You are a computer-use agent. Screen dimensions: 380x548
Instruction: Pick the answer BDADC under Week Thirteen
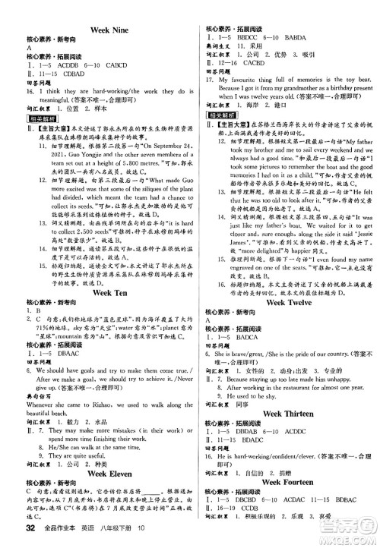262,439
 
